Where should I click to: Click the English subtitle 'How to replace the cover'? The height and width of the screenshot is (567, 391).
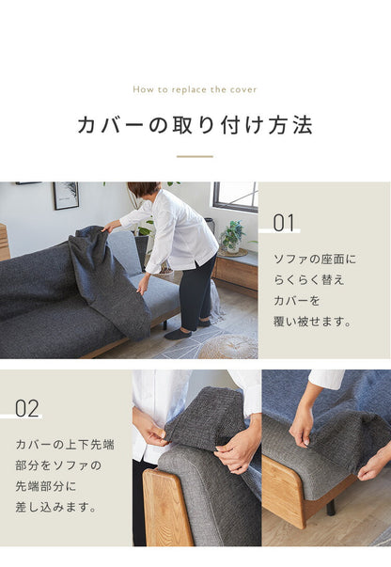tap(195, 90)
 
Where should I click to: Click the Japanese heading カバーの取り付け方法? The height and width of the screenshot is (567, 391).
tap(195, 125)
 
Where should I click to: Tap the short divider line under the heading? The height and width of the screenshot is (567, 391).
tap(195, 156)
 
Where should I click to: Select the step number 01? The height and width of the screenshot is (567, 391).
tap(284, 223)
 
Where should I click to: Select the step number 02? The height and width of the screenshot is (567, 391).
tap(27, 408)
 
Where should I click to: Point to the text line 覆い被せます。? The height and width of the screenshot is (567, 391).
tap(312, 321)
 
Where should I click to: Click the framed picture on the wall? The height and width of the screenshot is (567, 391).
tap(66, 195)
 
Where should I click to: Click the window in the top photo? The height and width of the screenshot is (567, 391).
tap(235, 196)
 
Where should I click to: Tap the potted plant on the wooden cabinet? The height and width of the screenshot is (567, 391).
tap(231, 236)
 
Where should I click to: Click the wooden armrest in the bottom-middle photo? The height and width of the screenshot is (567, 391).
tap(167, 508)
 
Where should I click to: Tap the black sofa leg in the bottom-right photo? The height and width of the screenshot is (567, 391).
tap(331, 509)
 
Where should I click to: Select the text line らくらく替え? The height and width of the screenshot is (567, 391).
tap(307, 279)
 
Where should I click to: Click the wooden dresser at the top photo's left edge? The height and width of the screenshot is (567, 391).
tap(4, 242)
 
